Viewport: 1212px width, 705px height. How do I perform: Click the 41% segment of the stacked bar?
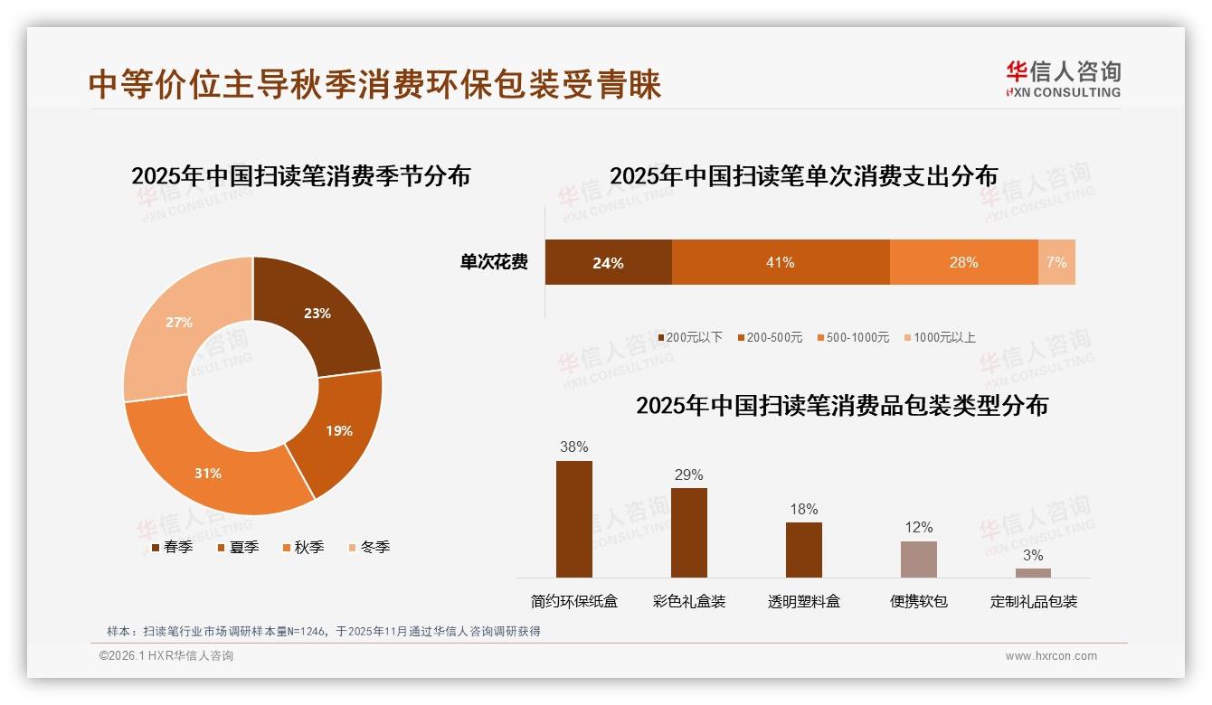[x=780, y=262]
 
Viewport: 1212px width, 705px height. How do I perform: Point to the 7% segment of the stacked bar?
[x=1056, y=262]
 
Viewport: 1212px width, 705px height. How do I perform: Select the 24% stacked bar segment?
[x=608, y=262]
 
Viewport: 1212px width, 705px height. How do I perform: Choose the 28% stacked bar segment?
[x=963, y=262]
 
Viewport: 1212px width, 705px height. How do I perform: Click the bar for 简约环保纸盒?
[x=573, y=519]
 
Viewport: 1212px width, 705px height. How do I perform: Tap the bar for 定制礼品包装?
[x=1033, y=572]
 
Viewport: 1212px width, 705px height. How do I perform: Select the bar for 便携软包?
[x=918, y=559]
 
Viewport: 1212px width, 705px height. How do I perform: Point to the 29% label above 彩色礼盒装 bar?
[x=688, y=475]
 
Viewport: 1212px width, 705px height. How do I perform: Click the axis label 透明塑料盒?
[x=803, y=601]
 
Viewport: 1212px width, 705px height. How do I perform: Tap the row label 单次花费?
[x=494, y=262]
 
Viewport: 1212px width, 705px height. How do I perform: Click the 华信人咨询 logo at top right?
[x=1063, y=79]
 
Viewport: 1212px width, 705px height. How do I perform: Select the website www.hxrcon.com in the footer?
[x=1051, y=656]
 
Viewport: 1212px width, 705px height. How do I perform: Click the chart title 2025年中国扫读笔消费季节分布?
[x=300, y=175]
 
